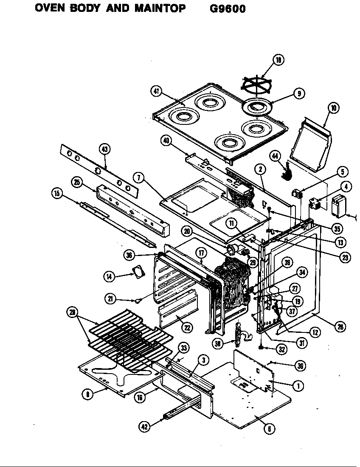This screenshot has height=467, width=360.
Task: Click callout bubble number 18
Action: pos(278,60)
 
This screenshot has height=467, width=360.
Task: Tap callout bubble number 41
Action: pos(156,91)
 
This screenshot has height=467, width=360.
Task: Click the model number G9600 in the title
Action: pos(228,8)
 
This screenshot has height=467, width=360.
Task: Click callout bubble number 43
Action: pos(104,149)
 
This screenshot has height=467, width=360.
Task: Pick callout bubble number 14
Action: pos(109,276)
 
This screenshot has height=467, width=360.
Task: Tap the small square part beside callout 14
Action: pos(138,272)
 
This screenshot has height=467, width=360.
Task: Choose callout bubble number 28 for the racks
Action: pos(73,313)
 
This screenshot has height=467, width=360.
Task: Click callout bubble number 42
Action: pos(145,427)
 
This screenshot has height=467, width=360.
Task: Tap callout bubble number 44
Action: pos(276,156)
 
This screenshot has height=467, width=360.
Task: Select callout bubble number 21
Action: pos(111,299)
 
